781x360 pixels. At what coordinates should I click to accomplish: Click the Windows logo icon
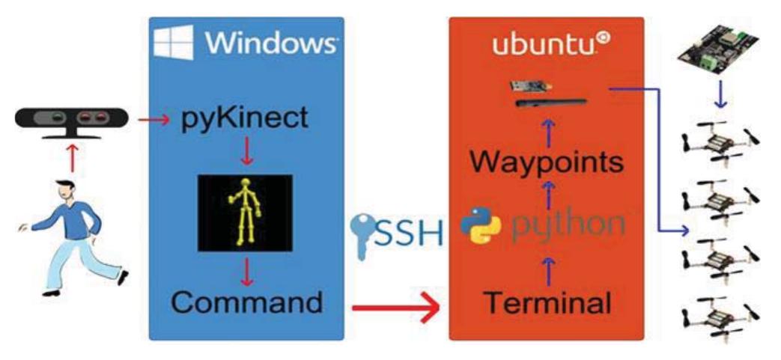173,43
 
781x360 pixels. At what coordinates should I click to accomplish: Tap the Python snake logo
481,225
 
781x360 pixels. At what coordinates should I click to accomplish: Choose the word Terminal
548,302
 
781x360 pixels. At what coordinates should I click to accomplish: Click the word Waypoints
546,162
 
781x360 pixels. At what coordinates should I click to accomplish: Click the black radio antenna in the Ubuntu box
550,103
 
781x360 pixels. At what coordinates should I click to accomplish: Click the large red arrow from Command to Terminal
395,308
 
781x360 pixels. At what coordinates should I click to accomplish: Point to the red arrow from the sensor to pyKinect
154,120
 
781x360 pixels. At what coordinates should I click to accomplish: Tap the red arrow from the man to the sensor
73,158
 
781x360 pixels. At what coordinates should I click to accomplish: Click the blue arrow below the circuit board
720,94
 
